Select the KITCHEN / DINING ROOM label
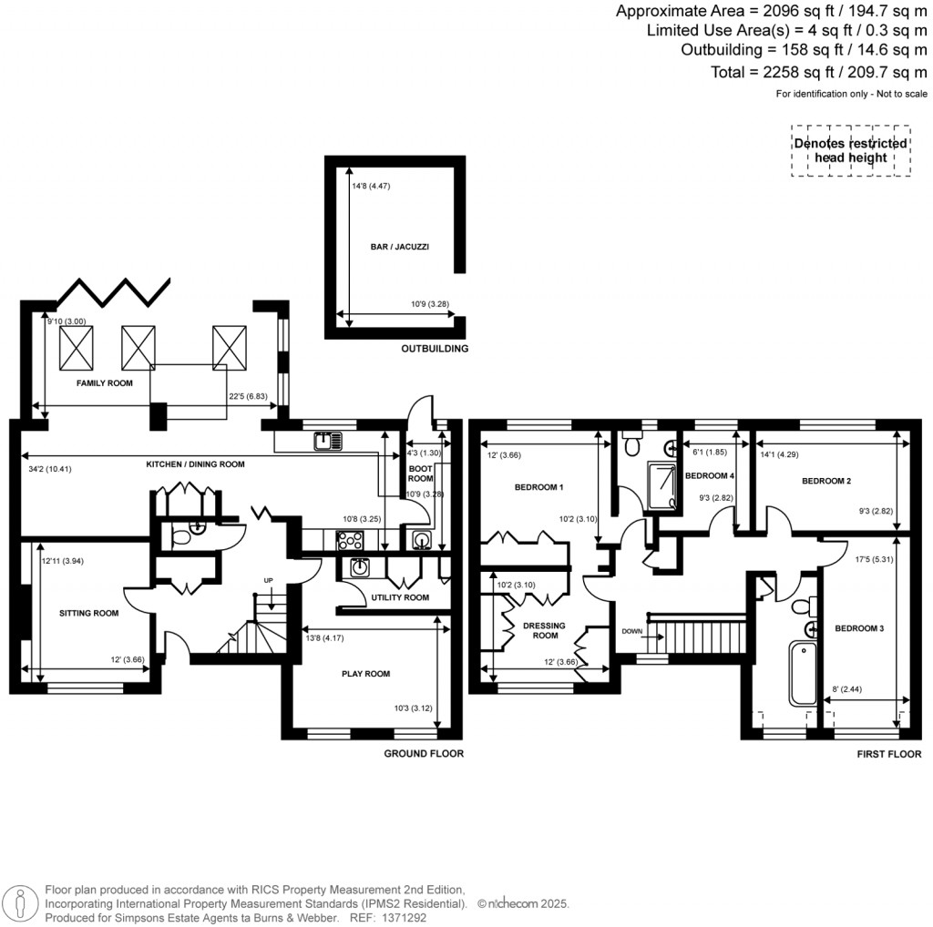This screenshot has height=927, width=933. click(196, 464)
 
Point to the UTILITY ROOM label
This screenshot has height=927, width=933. click(399, 597)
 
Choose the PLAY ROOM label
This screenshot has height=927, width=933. click(365, 674)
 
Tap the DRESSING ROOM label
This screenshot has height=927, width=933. click(544, 630)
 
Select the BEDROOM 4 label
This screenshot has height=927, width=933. click(709, 475)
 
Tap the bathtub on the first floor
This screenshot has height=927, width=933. click(801, 678)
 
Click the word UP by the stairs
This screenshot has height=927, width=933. click(267, 580)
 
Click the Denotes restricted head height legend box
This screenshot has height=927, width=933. click(850, 150)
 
